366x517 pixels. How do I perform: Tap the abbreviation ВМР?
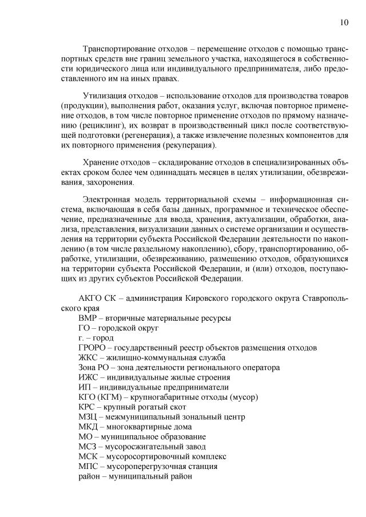click(88, 317)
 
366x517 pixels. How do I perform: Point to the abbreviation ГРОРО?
click(93, 347)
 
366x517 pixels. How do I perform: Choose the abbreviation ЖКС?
click(89, 357)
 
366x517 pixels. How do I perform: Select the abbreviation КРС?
click(87, 407)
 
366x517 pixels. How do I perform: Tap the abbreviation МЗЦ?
click(89, 416)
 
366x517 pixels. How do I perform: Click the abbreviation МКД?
click(89, 427)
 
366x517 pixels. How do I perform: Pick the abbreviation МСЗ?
click(88, 446)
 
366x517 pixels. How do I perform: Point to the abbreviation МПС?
click(89, 466)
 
